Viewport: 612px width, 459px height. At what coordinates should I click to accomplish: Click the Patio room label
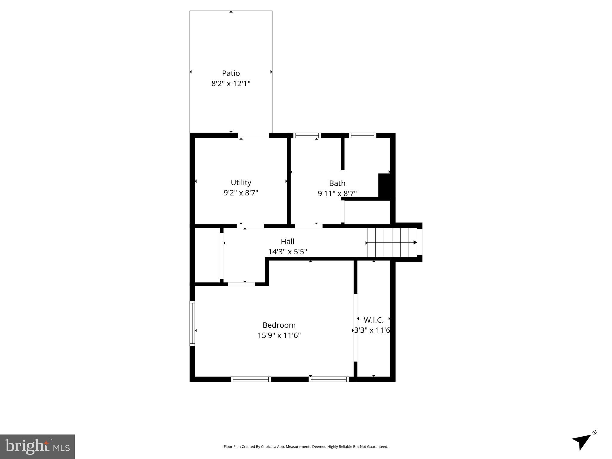231,73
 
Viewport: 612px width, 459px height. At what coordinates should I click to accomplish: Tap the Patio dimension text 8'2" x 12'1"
231,83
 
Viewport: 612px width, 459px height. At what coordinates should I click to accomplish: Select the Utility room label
241,182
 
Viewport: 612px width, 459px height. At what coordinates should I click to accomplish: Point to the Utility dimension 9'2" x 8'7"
241,193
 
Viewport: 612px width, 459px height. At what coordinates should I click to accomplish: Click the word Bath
337,183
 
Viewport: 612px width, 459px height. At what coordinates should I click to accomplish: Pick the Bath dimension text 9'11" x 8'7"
337,194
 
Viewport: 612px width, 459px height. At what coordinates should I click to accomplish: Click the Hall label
287,241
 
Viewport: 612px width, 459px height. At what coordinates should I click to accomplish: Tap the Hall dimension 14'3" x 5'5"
287,252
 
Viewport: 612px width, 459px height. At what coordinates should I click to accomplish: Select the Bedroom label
279,325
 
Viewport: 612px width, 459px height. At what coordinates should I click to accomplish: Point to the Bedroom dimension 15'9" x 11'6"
279,335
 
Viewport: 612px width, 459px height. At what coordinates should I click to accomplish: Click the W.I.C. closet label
374,320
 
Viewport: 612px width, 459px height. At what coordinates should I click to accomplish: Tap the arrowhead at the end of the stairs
415,242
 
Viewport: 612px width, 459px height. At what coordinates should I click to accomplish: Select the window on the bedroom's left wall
192,323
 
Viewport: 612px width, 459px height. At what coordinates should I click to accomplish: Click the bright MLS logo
37,446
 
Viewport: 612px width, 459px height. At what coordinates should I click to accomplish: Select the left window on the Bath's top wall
307,135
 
